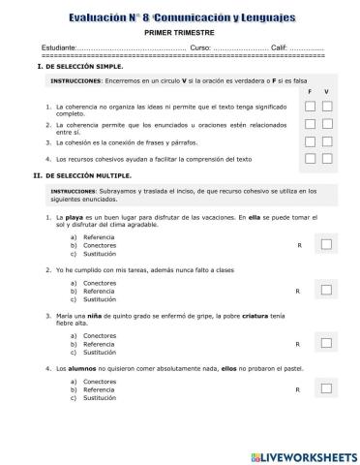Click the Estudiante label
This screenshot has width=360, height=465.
[x=58, y=47]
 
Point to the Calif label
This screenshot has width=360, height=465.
[x=280, y=47]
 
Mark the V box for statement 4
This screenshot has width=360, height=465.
[x=327, y=158]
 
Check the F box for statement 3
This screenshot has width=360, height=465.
[x=310, y=141]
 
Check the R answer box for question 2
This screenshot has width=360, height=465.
[x=326, y=290]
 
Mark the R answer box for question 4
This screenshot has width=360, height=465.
[x=326, y=390]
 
